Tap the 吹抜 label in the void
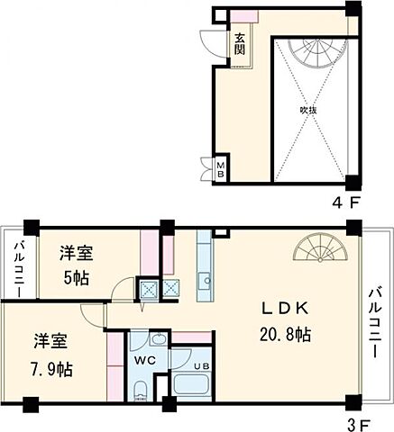[308, 110]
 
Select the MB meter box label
[220, 170]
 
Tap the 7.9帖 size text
[50, 368]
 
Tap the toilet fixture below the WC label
[141, 393]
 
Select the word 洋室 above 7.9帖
[50, 343]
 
